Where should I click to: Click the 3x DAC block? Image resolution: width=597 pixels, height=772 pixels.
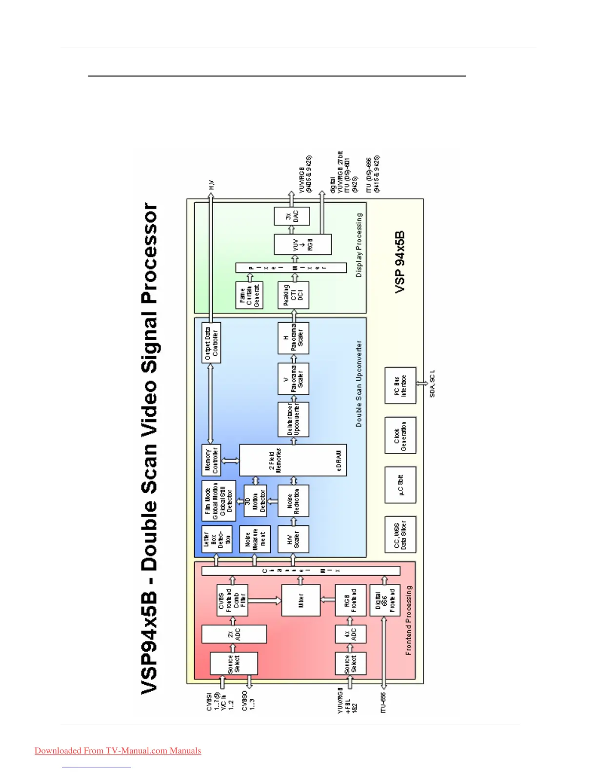(x=292, y=216)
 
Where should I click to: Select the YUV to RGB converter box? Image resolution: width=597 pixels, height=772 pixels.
(x=302, y=244)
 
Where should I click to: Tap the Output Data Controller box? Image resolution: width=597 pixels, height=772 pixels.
(x=211, y=343)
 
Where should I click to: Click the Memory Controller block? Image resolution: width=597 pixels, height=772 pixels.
(x=211, y=460)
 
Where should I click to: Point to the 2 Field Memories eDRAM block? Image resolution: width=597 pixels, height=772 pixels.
(x=293, y=460)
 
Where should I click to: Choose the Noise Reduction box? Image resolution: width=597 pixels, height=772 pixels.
(x=294, y=501)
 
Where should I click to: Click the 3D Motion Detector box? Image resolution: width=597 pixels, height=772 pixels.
(x=255, y=501)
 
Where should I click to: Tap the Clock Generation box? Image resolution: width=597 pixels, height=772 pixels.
(x=400, y=436)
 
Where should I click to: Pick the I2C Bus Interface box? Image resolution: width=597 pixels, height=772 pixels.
(x=400, y=386)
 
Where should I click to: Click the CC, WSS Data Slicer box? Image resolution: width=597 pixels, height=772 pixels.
(x=400, y=535)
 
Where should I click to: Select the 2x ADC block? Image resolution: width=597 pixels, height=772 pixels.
(x=234, y=634)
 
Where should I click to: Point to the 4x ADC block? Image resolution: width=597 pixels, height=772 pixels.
(x=350, y=634)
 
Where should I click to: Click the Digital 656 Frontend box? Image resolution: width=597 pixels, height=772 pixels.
(x=385, y=600)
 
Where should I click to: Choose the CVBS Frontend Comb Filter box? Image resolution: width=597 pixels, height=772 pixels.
(x=232, y=600)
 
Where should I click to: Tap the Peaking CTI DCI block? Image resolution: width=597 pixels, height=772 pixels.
(x=294, y=295)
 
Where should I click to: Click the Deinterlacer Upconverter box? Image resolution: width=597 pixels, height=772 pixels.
(x=294, y=420)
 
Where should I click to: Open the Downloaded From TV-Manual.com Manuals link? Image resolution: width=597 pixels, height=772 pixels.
(x=118, y=751)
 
